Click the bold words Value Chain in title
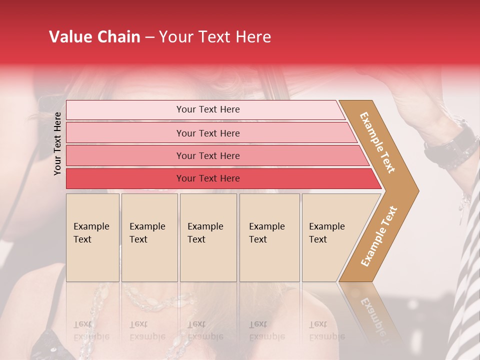(94, 37)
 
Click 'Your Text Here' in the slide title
(215, 37)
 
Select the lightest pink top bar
(205, 109)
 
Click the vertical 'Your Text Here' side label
(57, 143)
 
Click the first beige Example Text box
(92, 237)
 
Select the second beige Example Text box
(149, 237)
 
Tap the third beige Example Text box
(208, 237)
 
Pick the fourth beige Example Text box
(269, 237)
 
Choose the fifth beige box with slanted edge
(330, 237)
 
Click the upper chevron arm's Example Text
(377, 142)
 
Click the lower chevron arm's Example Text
(379, 236)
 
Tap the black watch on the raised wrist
(452, 145)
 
